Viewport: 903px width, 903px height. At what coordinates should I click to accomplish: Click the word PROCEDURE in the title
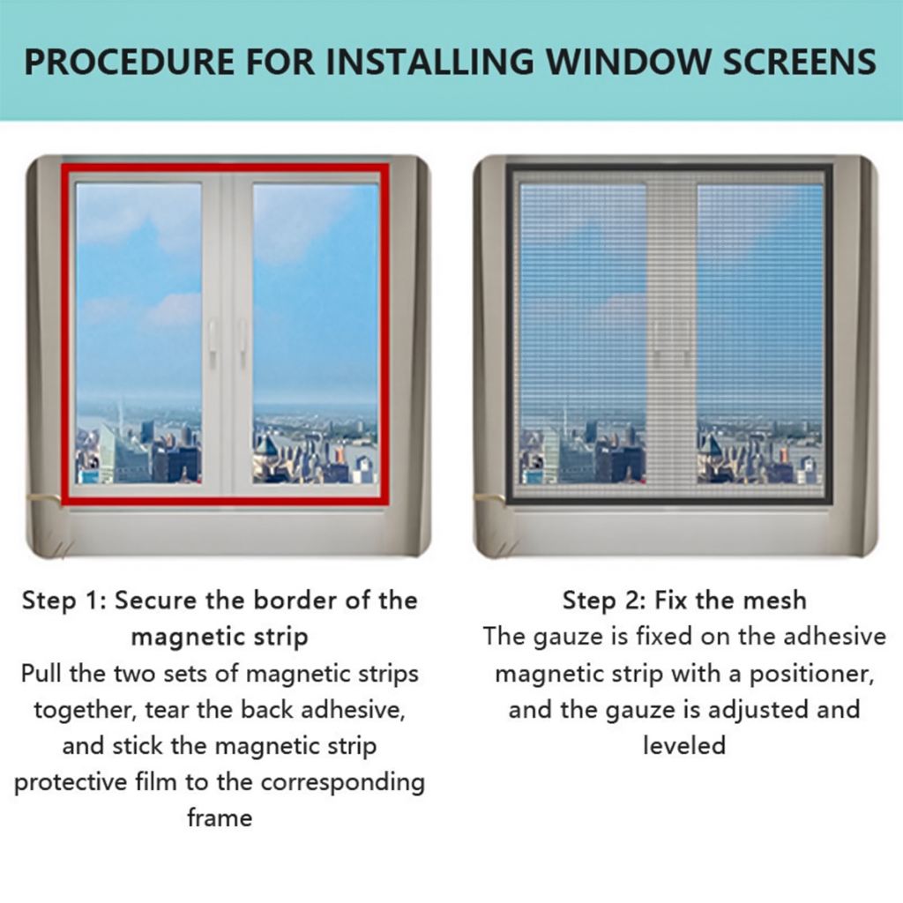pos(130,62)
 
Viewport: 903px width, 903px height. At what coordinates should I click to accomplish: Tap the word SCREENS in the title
pos(800,62)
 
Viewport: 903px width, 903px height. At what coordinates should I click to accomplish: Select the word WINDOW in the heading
pos(628,62)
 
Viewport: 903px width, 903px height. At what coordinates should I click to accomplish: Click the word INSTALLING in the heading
pos(430,62)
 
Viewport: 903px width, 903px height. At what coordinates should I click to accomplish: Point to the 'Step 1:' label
pos(63,601)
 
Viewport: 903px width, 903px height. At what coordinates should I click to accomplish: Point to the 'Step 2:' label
pos(604,601)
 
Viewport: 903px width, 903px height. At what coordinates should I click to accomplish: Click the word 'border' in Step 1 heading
pos(295,600)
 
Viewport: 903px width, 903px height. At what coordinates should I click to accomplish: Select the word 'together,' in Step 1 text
pos(86,710)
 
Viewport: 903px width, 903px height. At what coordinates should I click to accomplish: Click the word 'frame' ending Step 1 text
pos(220,817)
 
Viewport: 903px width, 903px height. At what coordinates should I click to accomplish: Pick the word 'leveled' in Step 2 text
pos(684,745)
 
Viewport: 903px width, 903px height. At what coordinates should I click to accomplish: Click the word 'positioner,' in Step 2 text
pos(811,675)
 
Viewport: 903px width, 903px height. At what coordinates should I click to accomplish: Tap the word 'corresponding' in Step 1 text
pos(343,783)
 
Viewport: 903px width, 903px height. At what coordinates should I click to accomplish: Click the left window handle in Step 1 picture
pos(212,343)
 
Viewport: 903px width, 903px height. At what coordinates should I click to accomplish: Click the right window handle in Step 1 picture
pos(243,343)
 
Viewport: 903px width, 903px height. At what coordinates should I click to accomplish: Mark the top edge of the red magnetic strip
pos(225,168)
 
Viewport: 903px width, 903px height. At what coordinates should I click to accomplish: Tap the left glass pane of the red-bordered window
pos(138,333)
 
